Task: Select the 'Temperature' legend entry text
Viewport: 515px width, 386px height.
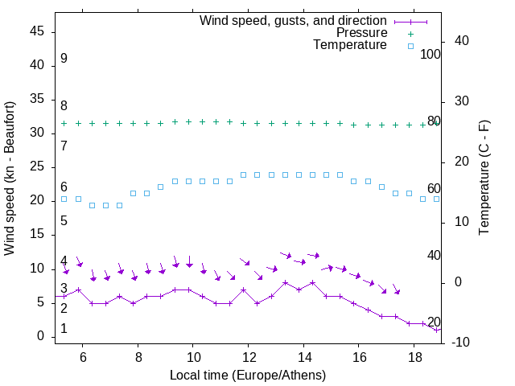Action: click(x=350, y=46)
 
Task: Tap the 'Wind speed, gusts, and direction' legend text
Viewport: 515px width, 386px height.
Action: click(x=294, y=20)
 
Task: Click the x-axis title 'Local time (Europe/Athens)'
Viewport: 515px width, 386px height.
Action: click(x=248, y=375)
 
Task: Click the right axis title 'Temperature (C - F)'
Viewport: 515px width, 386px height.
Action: click(x=484, y=179)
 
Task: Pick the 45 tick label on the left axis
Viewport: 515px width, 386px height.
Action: click(x=38, y=31)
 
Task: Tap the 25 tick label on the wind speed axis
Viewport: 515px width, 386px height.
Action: click(x=38, y=166)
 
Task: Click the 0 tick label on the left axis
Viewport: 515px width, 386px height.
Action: click(x=42, y=336)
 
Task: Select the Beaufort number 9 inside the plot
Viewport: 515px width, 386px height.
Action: click(x=64, y=59)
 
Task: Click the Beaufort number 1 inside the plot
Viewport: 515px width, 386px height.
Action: click(x=64, y=329)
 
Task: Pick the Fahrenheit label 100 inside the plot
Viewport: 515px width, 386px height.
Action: click(x=431, y=54)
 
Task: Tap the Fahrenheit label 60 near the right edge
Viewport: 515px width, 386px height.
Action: click(x=434, y=189)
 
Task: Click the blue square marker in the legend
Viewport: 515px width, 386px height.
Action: click(x=410, y=46)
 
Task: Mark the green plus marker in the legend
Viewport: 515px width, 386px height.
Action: click(x=410, y=33)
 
